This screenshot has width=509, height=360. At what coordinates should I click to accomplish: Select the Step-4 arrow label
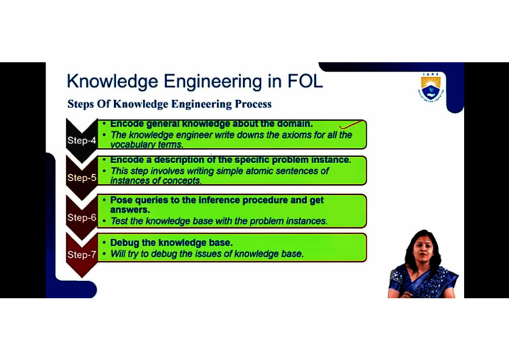pos(81,140)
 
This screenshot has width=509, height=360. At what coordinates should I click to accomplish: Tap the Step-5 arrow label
pos(81,178)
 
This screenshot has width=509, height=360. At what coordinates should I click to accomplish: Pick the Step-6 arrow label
pos(81,217)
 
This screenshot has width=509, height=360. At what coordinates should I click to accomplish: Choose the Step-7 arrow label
pos(81,254)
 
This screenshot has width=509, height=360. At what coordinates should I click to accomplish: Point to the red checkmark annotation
pos(352,123)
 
